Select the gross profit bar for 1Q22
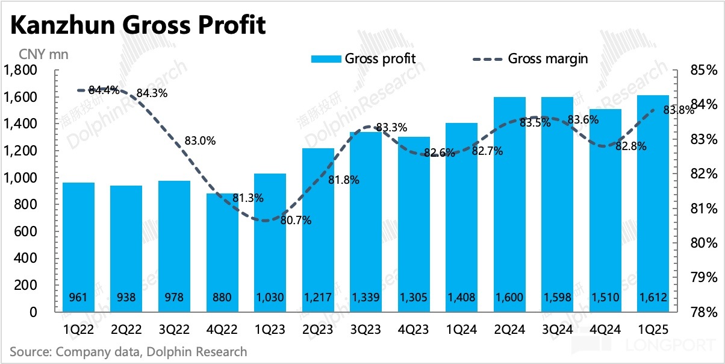(78, 247)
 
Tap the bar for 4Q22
(222, 253)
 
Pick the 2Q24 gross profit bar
(509, 205)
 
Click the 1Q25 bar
(652, 205)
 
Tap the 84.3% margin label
(152, 93)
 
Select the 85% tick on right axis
(702, 71)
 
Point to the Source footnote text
(128, 351)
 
